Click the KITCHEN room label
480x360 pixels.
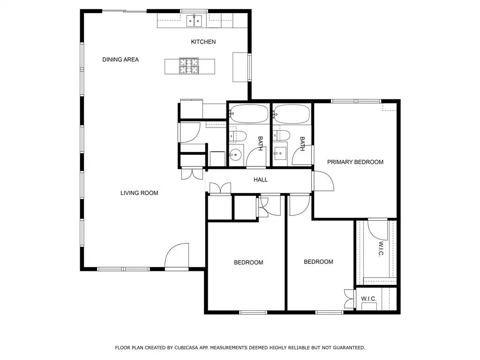(203, 42)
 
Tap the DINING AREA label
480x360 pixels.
(120, 60)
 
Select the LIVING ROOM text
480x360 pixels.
(139, 193)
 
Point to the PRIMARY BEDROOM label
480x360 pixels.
(355, 162)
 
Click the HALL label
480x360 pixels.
(261, 180)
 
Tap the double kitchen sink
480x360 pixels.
(195, 21)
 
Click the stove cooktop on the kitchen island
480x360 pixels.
(189, 66)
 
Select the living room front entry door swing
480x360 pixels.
(177, 256)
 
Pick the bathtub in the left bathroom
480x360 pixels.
(249, 114)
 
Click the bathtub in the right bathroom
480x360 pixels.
(292, 114)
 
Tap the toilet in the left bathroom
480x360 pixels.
(238, 135)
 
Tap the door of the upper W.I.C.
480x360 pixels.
(378, 229)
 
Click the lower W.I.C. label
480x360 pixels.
(368, 299)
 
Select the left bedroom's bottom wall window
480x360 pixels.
(253, 312)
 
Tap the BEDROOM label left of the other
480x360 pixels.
(248, 262)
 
